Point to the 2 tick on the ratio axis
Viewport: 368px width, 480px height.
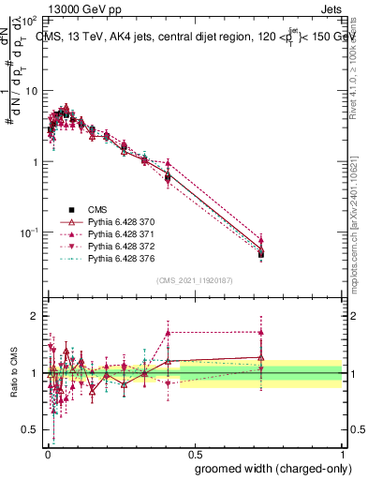click(35, 316)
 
